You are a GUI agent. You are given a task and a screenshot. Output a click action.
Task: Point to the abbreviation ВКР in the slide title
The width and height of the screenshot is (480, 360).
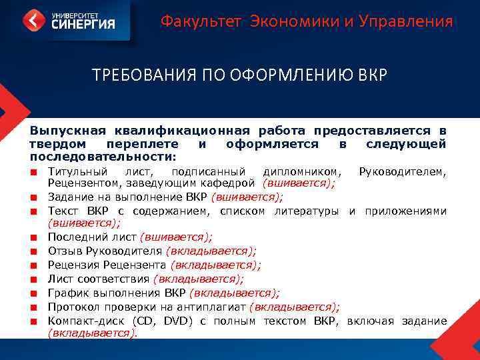371,75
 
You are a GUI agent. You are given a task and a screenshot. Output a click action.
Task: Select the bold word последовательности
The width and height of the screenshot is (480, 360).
101,157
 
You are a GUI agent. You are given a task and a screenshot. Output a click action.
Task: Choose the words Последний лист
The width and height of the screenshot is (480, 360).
92,237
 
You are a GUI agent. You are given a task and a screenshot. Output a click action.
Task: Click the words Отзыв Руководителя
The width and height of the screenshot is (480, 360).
105,251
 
